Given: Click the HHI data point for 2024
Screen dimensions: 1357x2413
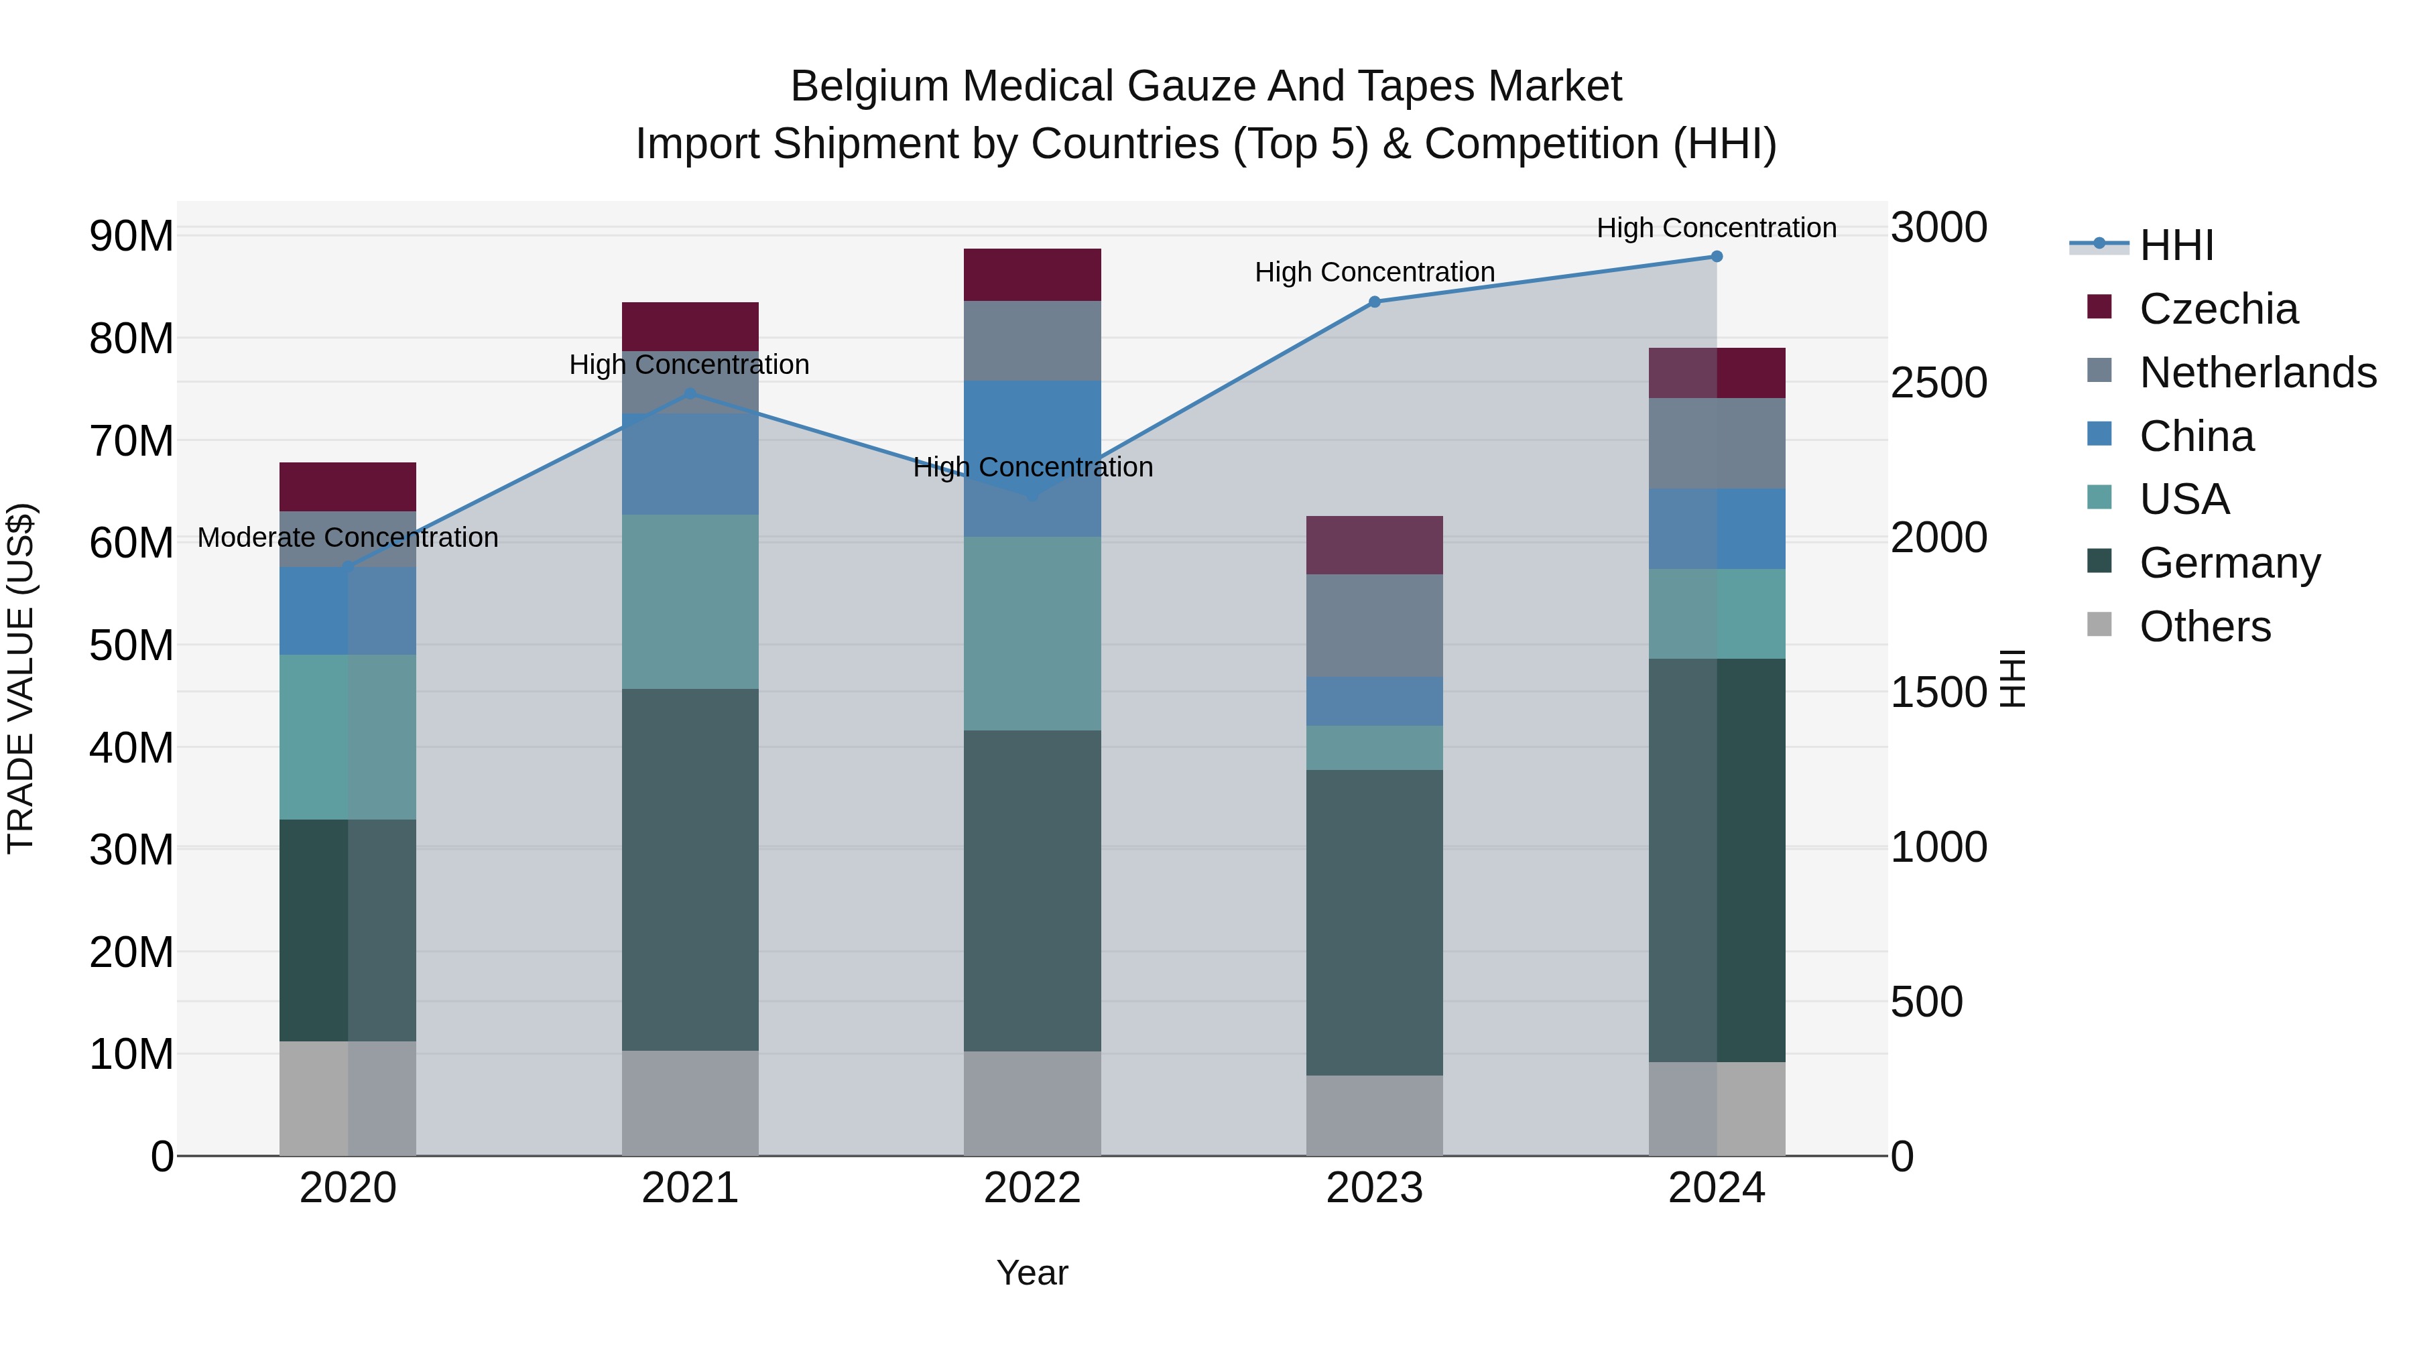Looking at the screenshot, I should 1716,257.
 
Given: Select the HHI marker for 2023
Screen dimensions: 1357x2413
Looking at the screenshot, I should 1374,302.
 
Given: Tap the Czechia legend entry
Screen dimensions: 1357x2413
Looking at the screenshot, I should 2217,309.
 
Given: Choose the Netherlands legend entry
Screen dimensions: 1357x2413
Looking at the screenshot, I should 2257,373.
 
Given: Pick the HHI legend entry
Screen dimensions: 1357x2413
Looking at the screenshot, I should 2176,245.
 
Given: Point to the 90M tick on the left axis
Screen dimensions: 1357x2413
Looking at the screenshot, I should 131,236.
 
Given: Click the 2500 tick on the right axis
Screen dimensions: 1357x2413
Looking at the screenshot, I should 1938,383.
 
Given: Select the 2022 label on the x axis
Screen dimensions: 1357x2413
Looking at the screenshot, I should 1032,1188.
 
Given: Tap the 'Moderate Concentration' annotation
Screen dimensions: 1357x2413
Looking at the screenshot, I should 347,537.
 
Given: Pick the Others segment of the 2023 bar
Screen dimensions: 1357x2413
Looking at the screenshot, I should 1374,1114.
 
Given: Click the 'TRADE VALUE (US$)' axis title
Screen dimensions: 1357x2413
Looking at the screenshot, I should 21,678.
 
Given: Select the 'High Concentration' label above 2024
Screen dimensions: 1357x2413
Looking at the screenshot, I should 1716,228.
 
